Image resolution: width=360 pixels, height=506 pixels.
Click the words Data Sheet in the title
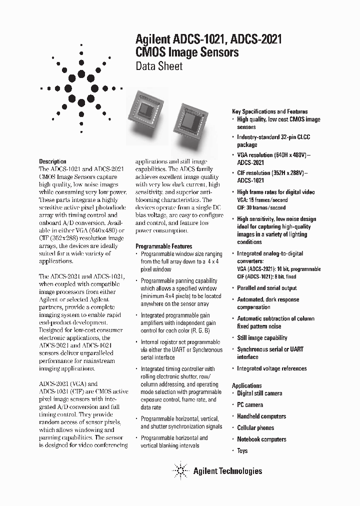click(x=159, y=66)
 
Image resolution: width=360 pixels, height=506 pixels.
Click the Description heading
click(x=52, y=161)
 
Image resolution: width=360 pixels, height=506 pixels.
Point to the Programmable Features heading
click(x=163, y=246)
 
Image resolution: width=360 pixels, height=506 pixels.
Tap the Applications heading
click(x=246, y=385)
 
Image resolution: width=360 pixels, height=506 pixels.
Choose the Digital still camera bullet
click(x=259, y=393)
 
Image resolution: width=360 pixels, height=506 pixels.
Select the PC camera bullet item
click(x=249, y=405)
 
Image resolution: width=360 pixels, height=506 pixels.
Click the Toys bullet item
click(x=242, y=450)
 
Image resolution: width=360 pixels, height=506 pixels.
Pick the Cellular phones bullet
click(x=255, y=427)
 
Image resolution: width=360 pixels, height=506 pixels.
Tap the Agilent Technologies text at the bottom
click(x=227, y=470)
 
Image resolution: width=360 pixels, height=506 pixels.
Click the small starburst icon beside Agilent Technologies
click(x=179, y=470)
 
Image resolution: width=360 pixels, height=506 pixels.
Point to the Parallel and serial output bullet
click(x=266, y=288)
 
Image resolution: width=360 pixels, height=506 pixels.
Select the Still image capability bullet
click(x=262, y=338)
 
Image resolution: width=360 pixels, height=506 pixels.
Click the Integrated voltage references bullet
click(x=271, y=368)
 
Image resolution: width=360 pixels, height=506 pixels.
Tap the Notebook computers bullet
click(x=261, y=439)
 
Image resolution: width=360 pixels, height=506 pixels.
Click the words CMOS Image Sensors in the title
click(x=187, y=52)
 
